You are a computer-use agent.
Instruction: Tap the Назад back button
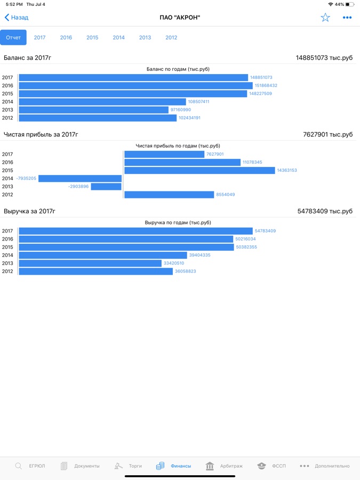(x=17, y=18)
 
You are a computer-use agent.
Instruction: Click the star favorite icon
(x=325, y=18)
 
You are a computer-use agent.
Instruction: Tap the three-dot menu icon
(x=347, y=18)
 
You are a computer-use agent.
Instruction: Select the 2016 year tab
(x=66, y=38)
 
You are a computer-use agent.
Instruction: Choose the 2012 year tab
(x=171, y=38)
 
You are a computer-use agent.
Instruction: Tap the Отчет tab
(x=13, y=38)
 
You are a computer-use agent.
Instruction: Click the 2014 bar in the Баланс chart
(x=102, y=102)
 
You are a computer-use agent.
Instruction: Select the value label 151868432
(x=266, y=86)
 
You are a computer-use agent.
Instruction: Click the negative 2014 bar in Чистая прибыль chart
(x=80, y=179)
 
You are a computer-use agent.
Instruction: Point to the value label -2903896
(x=78, y=187)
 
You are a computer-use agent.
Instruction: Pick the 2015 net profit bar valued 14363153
(x=199, y=171)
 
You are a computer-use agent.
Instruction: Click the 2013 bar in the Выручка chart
(x=90, y=263)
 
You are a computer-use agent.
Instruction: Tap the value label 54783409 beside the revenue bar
(x=265, y=231)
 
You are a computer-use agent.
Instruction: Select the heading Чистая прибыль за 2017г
(x=41, y=134)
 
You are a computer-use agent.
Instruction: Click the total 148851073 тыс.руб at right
(x=324, y=58)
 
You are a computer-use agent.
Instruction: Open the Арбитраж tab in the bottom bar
(x=224, y=466)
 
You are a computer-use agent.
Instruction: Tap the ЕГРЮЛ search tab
(x=30, y=466)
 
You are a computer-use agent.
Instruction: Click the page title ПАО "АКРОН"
(x=180, y=18)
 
